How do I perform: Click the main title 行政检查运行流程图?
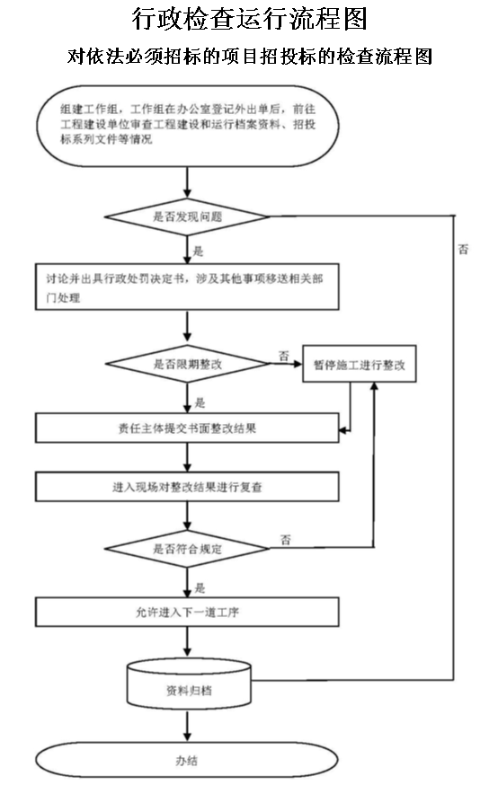coord(250,19)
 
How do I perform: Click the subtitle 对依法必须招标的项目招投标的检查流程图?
coord(250,56)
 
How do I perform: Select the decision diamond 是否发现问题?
coord(187,216)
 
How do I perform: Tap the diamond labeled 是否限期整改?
coord(187,364)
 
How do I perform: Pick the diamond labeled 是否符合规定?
coord(187,549)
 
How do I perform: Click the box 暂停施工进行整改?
coord(360,364)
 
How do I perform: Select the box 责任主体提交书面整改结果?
coord(187,428)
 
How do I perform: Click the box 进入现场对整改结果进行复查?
coord(187,487)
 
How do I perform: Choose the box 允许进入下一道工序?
coord(187,612)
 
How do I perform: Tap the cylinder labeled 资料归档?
coord(189,684)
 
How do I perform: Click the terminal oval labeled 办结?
coord(187,760)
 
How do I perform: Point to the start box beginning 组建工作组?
coord(187,125)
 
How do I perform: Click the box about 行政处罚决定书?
coord(187,287)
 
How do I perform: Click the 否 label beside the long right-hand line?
coord(464,249)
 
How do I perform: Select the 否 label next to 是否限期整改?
coord(284,356)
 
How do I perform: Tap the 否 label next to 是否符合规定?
coord(286,540)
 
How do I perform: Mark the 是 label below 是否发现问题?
coord(199,251)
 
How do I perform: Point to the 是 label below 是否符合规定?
coord(200,587)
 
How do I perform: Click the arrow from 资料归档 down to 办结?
coord(187,726)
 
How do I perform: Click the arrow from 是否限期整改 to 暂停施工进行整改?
coord(287,364)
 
